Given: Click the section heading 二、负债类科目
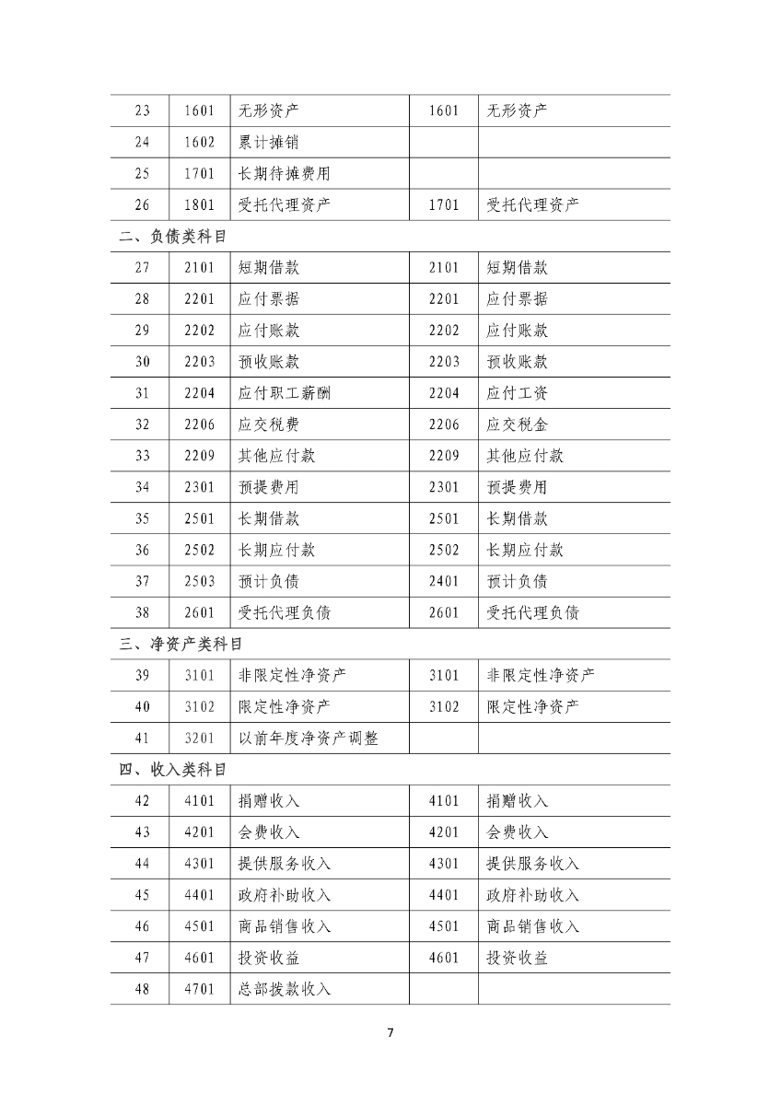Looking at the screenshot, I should [x=173, y=236].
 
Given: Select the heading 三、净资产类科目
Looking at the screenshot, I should [x=181, y=644].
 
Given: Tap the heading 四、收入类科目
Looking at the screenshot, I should [x=173, y=769].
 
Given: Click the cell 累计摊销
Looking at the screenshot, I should [x=268, y=142].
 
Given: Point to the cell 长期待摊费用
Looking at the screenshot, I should [x=284, y=173].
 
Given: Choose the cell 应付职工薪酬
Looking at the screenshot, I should [x=284, y=393].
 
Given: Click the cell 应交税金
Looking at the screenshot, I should [x=517, y=425].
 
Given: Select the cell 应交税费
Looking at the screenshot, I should [x=268, y=425].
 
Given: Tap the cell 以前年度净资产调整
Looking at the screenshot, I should [x=308, y=738].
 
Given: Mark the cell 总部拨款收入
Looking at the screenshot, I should [x=284, y=989].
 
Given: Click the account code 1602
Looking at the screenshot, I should [x=199, y=142].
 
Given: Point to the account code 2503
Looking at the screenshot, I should [x=199, y=581].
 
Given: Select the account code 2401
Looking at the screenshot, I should [x=443, y=581].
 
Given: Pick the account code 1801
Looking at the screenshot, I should [x=199, y=204].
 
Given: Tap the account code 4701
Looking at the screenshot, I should [x=199, y=989].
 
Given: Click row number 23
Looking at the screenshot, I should [x=142, y=110].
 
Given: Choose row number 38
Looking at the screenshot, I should [x=142, y=612].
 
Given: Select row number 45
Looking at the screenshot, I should [x=142, y=895].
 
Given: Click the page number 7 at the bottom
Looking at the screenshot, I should [x=390, y=1032].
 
